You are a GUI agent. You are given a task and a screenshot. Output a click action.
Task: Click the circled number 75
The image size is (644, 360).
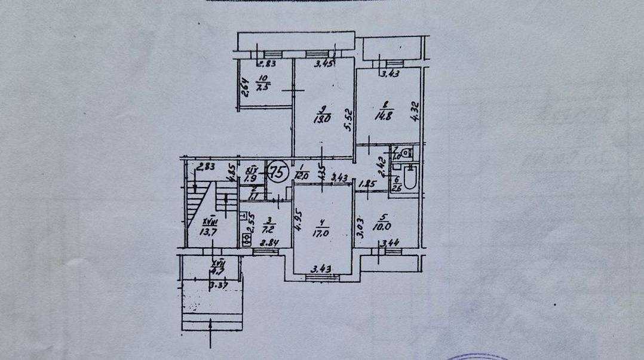click(277, 171)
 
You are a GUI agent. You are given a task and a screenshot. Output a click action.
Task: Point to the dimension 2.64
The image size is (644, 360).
click(243, 88)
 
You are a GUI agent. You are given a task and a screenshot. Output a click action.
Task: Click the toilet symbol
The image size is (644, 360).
click(407, 153)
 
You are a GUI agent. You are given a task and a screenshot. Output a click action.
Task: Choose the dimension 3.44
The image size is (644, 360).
click(391, 243)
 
